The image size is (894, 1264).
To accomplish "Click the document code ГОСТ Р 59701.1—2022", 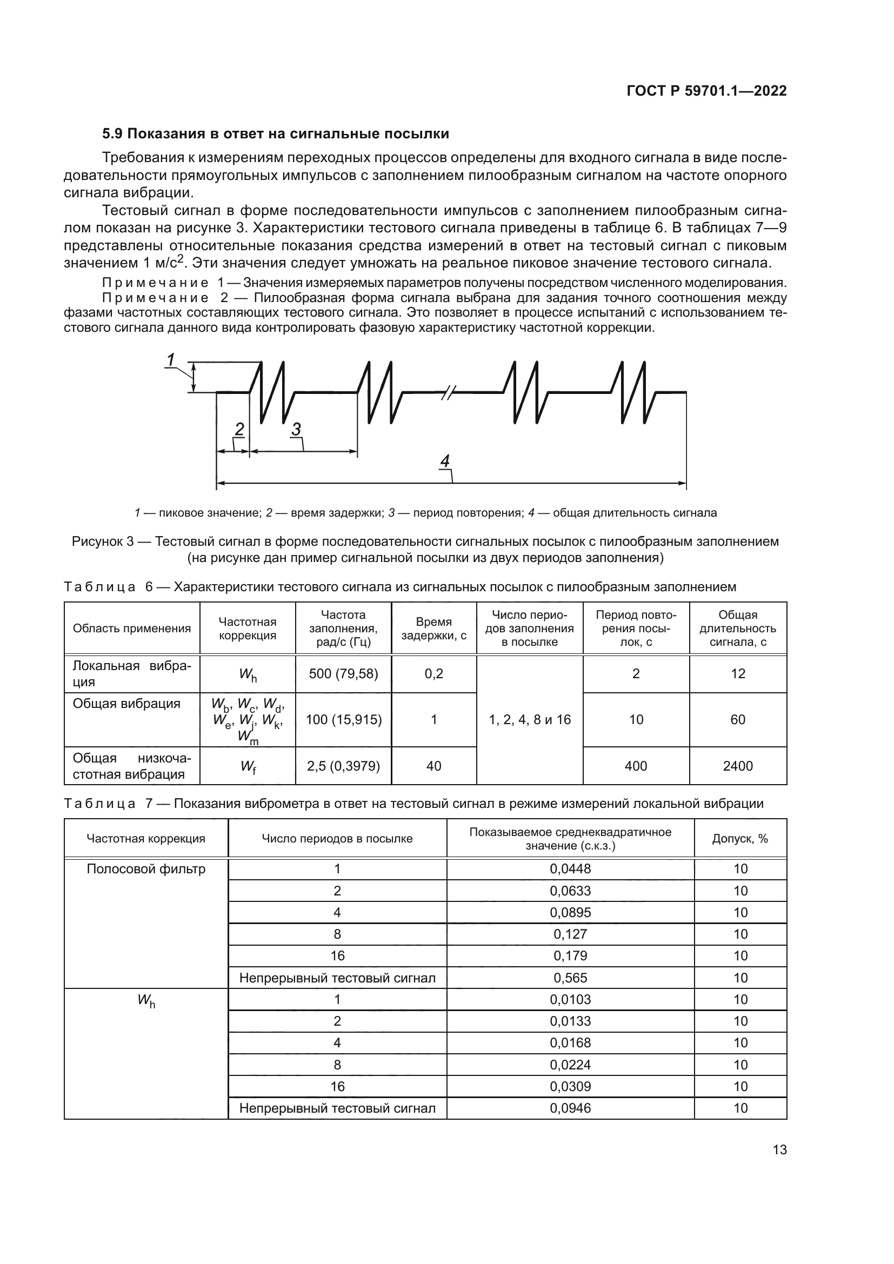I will [706, 91].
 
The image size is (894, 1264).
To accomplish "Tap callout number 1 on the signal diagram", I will [171, 360].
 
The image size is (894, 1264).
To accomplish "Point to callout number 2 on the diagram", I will [239, 429].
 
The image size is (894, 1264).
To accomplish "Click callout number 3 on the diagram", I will [296, 429].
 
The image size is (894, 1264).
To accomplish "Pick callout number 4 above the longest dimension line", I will [445, 461].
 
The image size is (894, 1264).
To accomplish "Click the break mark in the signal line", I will [448, 392].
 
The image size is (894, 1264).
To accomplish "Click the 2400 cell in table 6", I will [737, 766].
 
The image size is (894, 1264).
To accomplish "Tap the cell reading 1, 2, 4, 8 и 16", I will [529, 719].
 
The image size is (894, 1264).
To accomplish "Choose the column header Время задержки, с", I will [433, 628].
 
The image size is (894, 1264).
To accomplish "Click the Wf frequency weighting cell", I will [247, 766].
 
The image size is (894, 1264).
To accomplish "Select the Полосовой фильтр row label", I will [146, 870].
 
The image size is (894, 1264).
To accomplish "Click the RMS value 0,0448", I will [570, 870].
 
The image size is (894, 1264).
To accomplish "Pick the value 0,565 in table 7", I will [570, 978].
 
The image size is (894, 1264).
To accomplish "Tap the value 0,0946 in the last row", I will [570, 1108].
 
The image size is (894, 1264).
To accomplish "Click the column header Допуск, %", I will [740, 839].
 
